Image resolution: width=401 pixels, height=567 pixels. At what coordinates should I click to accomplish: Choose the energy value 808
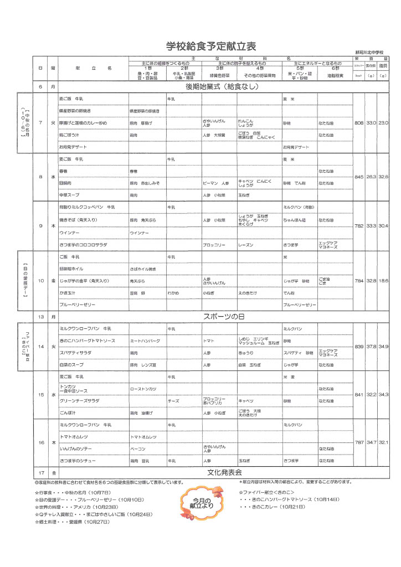[x=358, y=122]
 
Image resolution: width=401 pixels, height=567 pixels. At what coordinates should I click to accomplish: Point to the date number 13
[x=40, y=317]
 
